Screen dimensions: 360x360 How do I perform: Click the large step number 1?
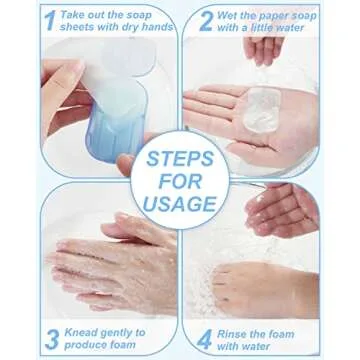50,20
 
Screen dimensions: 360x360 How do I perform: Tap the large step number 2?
206,21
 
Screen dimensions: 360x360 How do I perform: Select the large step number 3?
52,339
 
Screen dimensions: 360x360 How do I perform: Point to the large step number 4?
204,340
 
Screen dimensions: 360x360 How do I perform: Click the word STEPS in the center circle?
180,159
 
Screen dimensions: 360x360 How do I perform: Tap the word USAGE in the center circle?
180,204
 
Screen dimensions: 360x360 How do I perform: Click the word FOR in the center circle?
180,181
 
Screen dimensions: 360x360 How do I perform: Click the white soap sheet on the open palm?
261,110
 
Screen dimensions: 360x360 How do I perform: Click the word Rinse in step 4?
232,334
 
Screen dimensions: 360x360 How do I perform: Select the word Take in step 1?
73,15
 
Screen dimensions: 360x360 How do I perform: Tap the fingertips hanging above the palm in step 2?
264,50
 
